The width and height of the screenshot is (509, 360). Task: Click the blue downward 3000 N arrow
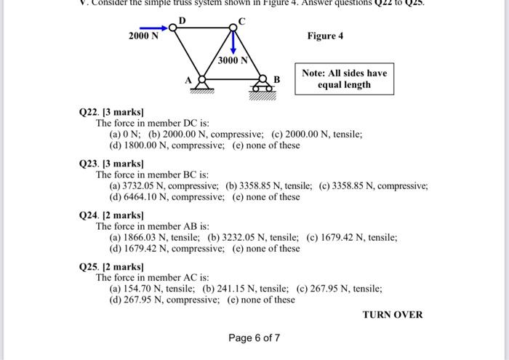pos(233,42)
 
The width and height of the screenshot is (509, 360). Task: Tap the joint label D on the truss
pos(182,19)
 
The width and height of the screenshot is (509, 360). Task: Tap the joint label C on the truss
pos(242,21)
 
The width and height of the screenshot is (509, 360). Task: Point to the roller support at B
pos(262,86)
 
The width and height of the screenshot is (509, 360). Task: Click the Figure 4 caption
pos(325,36)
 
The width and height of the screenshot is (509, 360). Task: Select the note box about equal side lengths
pos(344,79)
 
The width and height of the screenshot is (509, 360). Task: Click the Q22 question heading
pos(111,113)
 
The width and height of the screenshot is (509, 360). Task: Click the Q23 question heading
pos(111,164)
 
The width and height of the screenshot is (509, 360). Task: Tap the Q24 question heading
pos(111,216)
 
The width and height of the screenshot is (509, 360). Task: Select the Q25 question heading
pos(111,268)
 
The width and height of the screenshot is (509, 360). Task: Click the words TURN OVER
pos(392,315)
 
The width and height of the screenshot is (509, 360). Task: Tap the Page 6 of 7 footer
pos(254,337)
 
